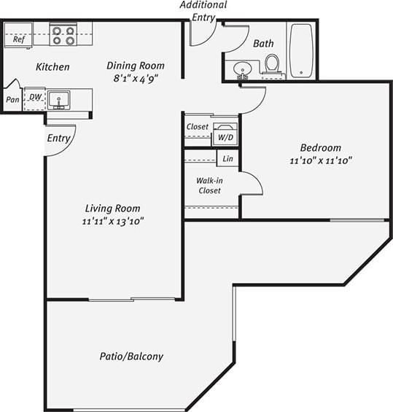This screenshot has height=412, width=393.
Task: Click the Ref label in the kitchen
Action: [19, 40]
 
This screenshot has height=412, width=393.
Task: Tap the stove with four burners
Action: [63, 35]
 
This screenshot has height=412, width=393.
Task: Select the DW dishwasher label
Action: [35, 96]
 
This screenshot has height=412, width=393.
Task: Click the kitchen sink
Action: [59, 98]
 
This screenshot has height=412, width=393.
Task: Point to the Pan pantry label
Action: [13, 100]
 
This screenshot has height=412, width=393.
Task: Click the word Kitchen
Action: [53, 67]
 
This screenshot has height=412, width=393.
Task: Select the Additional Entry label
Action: [203, 10]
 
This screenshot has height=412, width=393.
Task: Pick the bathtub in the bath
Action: [300, 50]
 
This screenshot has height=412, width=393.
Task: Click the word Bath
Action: [263, 44]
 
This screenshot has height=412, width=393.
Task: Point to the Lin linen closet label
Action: [228, 158]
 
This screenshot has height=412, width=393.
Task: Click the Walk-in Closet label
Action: [209, 185]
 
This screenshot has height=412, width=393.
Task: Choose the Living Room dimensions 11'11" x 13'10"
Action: [112, 220]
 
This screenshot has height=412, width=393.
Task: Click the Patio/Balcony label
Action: [131, 357]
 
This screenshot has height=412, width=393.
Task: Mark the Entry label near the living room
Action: [58, 138]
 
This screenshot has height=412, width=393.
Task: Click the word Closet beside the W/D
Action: [198, 127]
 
